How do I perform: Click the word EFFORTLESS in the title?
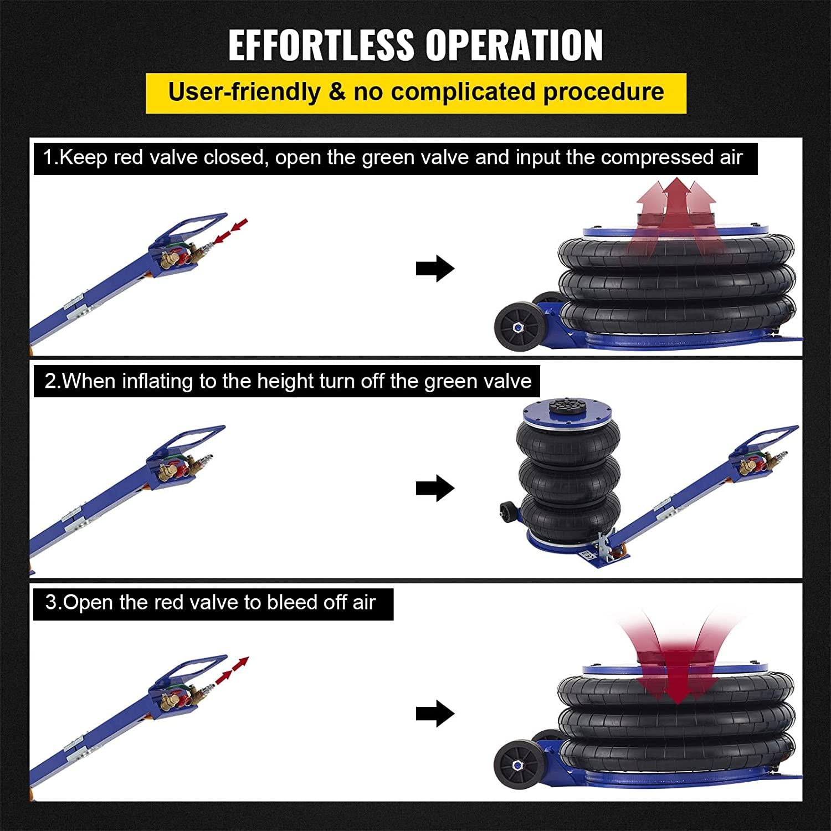pyautogui.click(x=321, y=45)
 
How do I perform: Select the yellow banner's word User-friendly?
pyautogui.click(x=244, y=92)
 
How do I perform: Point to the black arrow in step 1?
pyautogui.click(x=435, y=269)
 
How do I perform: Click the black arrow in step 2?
pyautogui.click(x=435, y=488)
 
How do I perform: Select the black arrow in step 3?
pyautogui.click(x=435, y=714)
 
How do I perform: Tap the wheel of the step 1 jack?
pyautogui.click(x=519, y=327)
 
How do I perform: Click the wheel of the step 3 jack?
pyautogui.click(x=519, y=766)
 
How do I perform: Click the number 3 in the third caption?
pyautogui.click(x=51, y=602)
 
